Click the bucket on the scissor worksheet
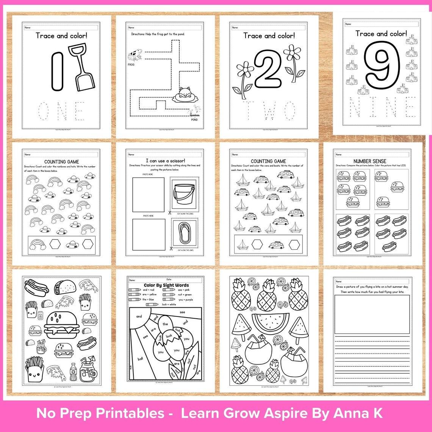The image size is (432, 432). pos(183,194)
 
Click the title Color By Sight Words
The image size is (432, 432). pos(166,285)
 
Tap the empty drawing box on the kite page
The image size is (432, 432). pos(372,314)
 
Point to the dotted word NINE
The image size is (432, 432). pos(382,107)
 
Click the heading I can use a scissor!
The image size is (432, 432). pos(165,161)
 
